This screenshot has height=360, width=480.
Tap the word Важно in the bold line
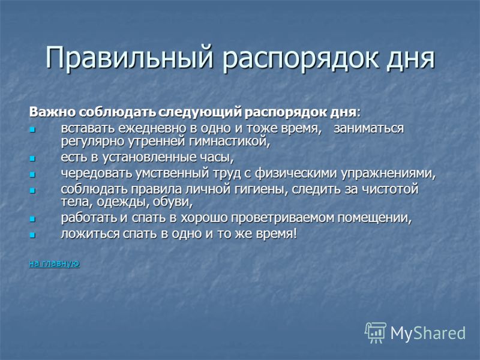52,112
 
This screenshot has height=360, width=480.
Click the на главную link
55,263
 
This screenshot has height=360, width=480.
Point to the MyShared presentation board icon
376,332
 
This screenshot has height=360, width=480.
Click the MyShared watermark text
428,334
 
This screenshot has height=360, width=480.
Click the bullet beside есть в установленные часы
32,158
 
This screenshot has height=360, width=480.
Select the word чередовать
97,173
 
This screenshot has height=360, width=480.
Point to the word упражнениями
388,174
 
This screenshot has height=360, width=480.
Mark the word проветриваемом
283,218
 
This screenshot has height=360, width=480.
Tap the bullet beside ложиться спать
32,235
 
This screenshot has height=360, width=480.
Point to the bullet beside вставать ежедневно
32,130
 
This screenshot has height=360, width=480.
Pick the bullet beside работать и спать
32,220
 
